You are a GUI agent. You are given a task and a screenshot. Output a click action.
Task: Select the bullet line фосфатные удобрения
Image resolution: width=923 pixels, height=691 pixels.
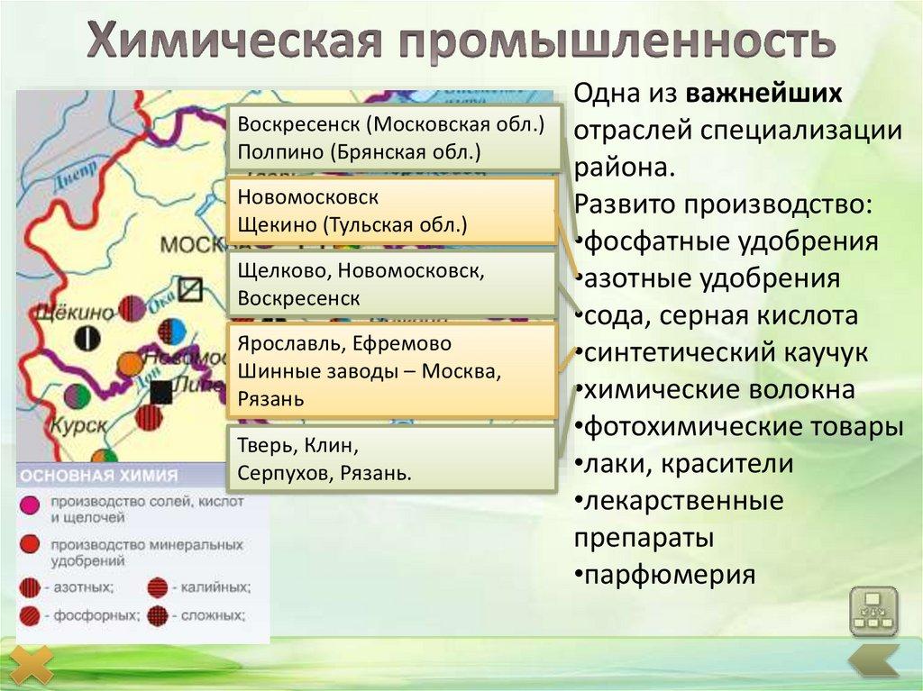[x=727, y=241]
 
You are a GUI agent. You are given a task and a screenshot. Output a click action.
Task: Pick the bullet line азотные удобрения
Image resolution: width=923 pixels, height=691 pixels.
[x=708, y=278]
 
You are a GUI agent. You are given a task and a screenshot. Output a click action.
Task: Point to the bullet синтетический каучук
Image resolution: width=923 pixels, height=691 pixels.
[x=721, y=352]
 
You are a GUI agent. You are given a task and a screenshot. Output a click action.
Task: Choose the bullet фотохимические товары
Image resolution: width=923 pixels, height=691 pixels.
[x=739, y=427]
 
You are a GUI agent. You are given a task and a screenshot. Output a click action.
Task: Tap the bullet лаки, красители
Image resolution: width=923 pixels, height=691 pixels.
[x=684, y=464]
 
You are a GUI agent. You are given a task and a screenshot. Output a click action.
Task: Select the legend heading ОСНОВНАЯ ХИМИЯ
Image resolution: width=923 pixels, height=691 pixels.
[x=99, y=476]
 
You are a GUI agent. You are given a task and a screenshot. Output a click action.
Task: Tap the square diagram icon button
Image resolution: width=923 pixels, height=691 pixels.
[x=873, y=611]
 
